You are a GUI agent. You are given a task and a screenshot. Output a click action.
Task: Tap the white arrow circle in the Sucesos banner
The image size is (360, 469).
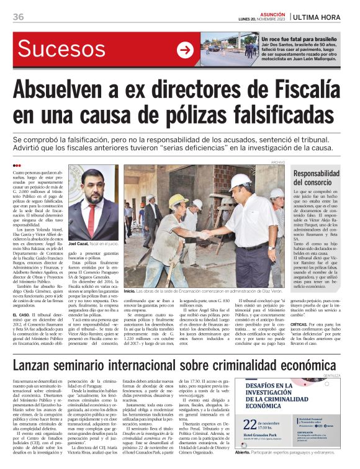click(185, 50)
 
